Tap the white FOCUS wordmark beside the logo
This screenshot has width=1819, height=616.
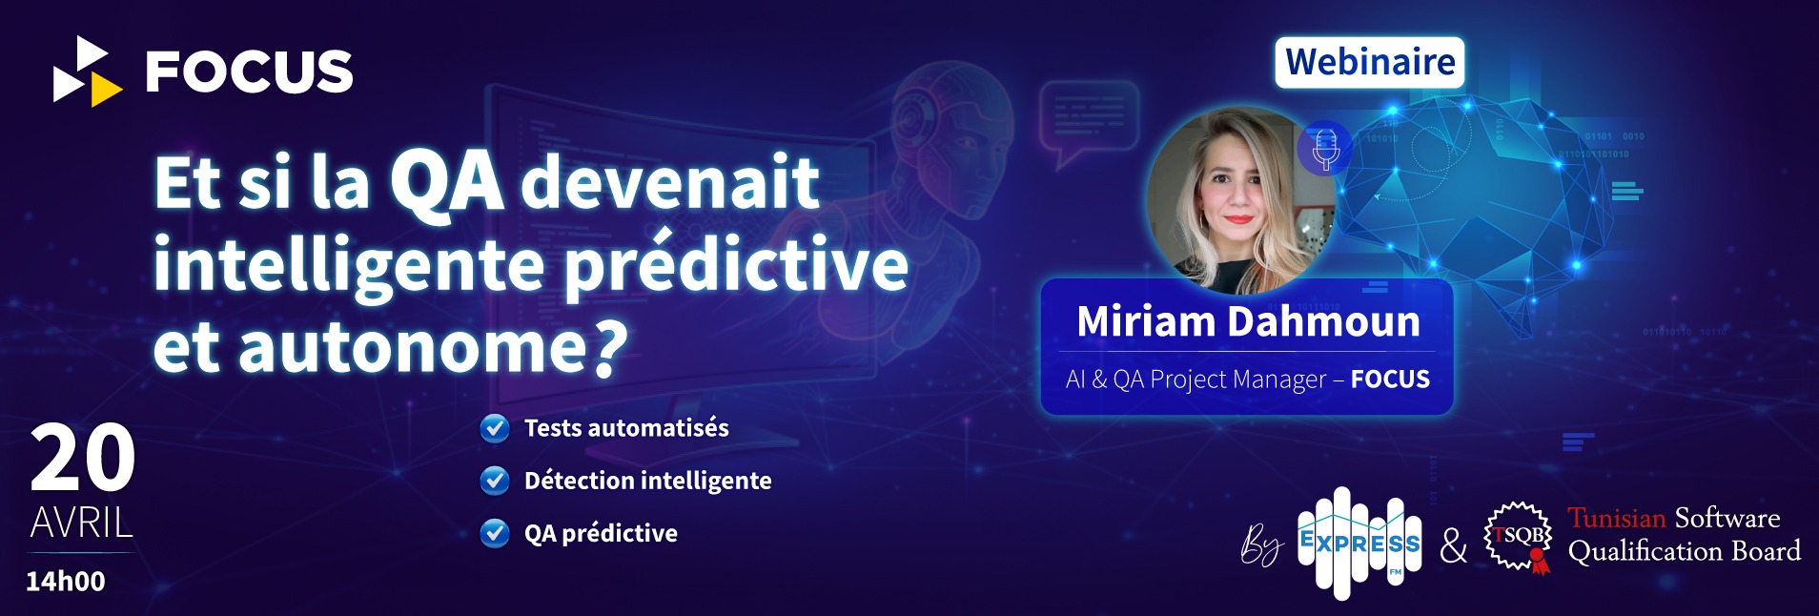[249, 72]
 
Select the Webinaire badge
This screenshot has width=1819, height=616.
[1370, 63]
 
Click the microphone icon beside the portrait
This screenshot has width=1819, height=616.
[1325, 149]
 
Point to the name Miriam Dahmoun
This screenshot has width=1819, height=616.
[1248, 321]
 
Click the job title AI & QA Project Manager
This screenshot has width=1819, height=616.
[1196, 380]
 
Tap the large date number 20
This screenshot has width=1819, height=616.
[82, 458]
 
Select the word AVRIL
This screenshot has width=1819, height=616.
[82, 523]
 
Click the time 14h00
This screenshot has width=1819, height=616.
[66, 581]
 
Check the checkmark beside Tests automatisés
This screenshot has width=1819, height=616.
[495, 428]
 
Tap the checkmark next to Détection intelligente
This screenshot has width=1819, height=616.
[495, 481]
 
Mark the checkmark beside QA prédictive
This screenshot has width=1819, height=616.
[495, 533]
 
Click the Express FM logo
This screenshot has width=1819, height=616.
[1359, 544]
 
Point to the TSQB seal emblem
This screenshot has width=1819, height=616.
[1518, 538]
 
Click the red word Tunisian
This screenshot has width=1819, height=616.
[1617, 518]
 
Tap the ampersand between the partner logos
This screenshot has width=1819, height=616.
[1453, 545]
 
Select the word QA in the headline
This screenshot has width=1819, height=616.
[447, 183]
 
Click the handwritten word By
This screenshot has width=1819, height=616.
[1261, 545]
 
